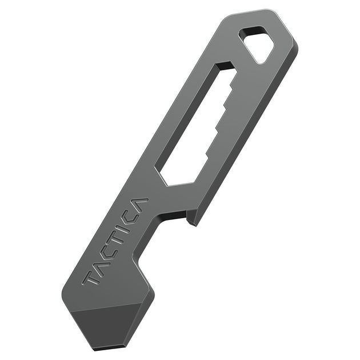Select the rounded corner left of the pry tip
[66, 297]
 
